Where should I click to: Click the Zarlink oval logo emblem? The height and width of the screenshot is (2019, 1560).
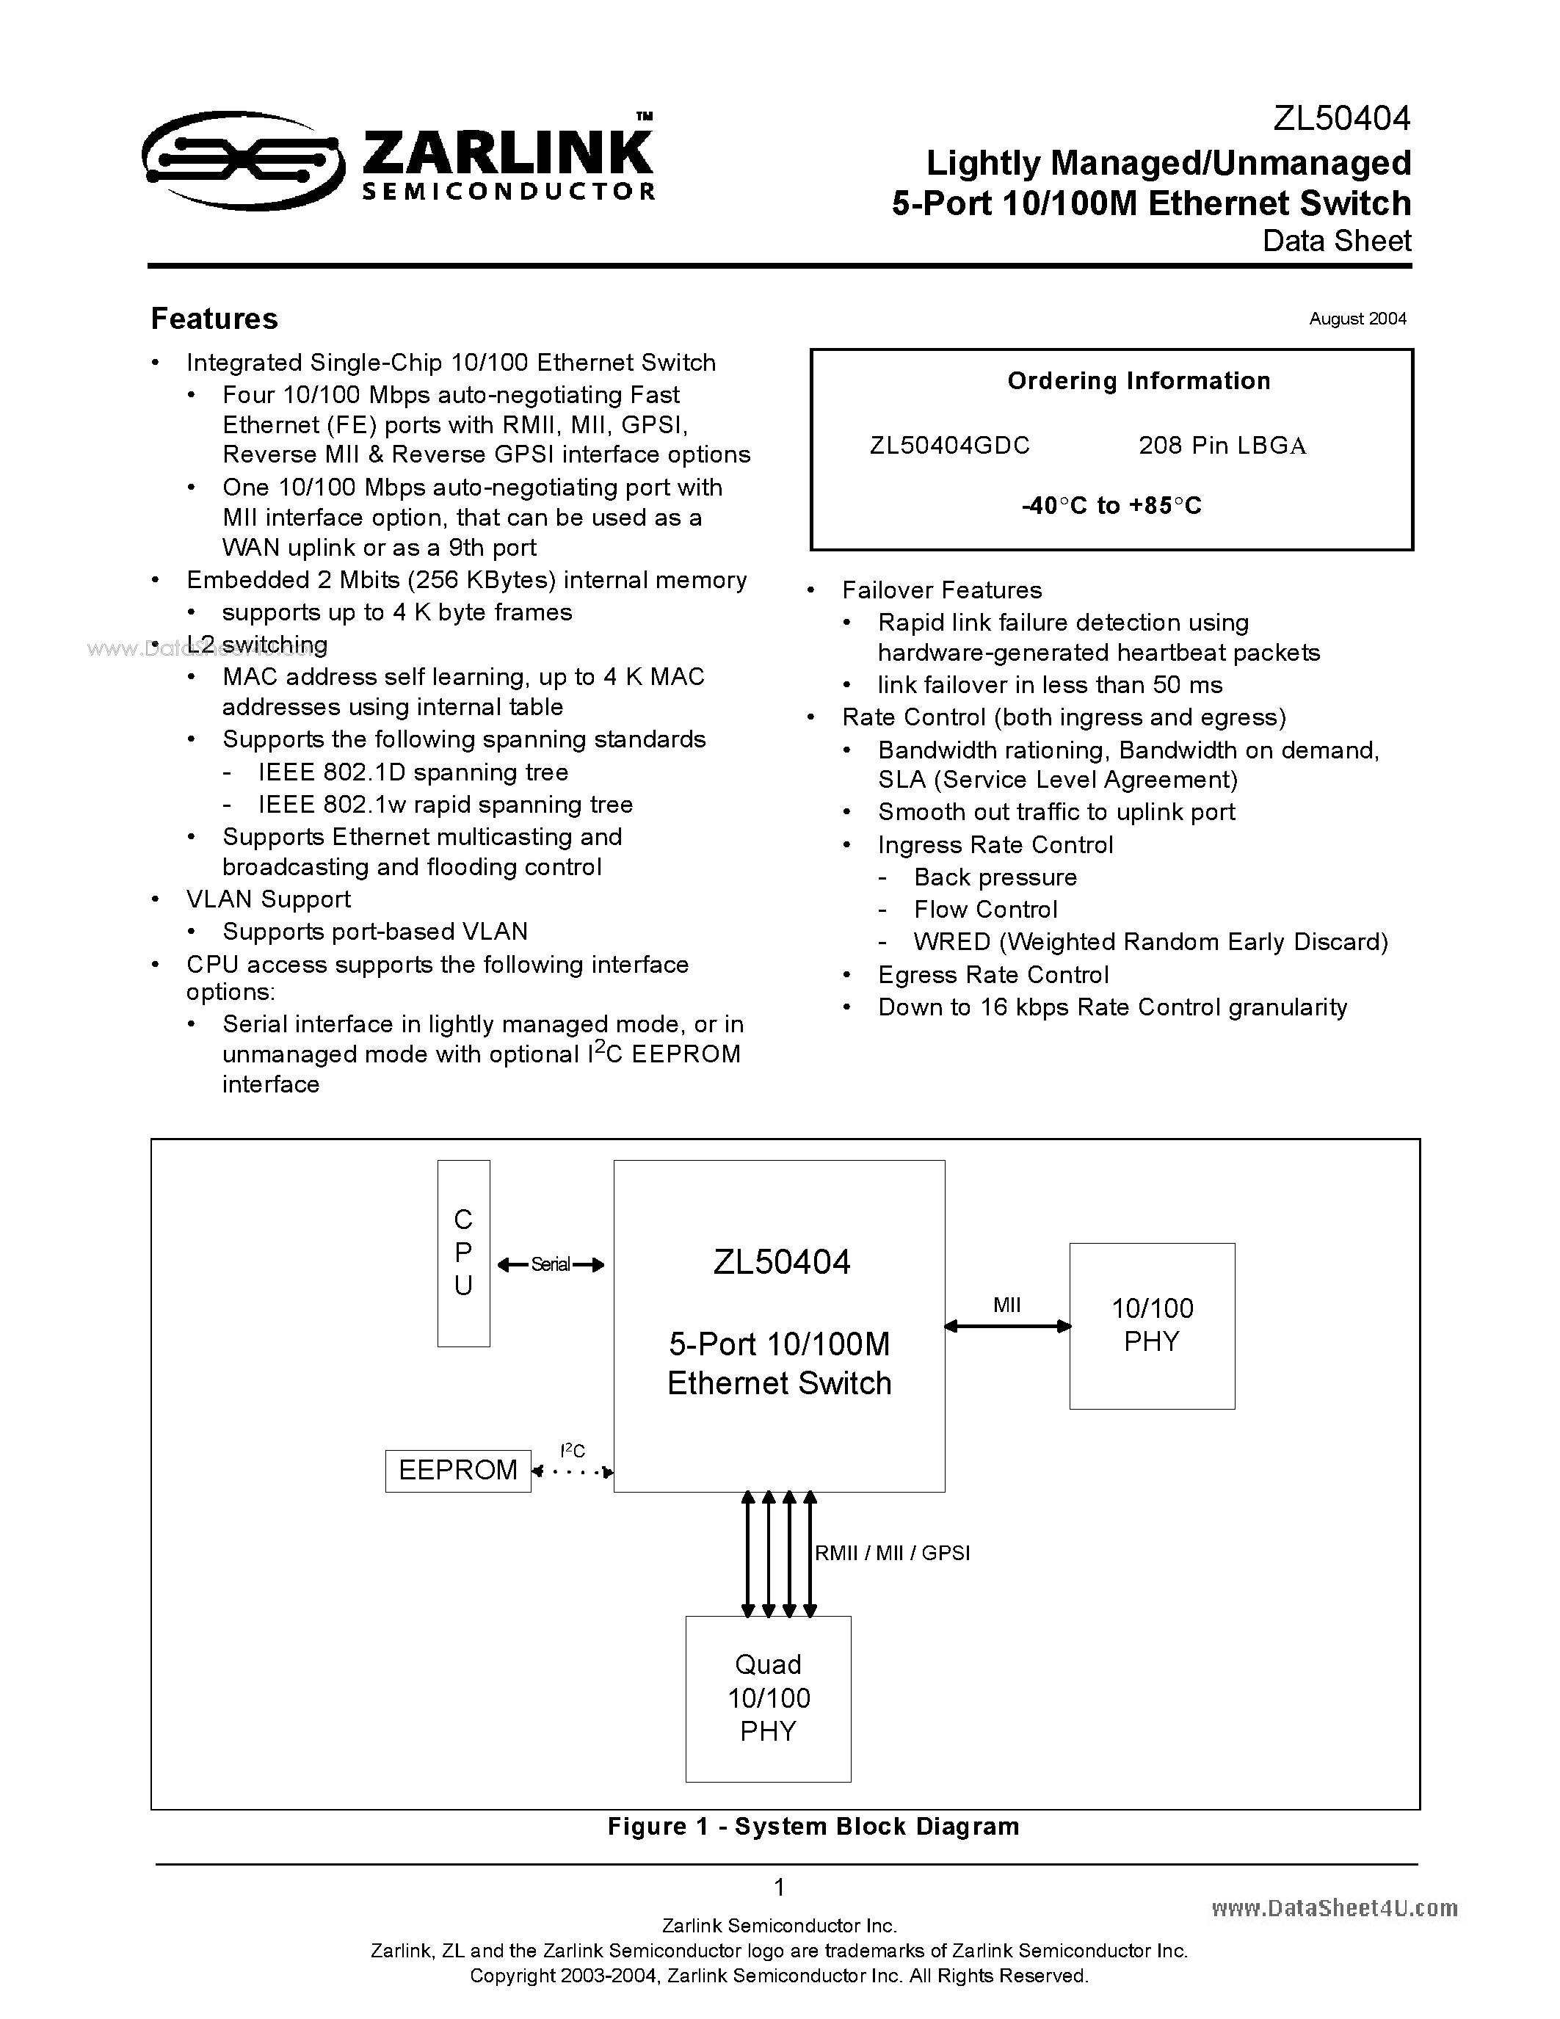pyautogui.click(x=242, y=161)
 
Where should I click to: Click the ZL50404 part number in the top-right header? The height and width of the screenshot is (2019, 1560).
pyautogui.click(x=1341, y=118)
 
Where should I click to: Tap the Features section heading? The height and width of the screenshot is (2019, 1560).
pyautogui.click(x=214, y=319)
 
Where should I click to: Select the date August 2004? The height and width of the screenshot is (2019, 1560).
pyautogui.click(x=1357, y=319)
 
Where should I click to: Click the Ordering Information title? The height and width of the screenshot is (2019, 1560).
pyautogui.click(x=1139, y=381)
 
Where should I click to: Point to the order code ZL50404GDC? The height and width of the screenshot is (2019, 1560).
pyautogui.click(x=949, y=446)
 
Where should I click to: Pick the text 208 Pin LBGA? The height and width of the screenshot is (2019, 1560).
pyautogui.click(x=1222, y=446)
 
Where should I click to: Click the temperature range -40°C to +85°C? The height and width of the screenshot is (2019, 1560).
pyautogui.click(x=1111, y=506)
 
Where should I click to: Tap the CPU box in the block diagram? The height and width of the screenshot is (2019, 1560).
pyautogui.click(x=463, y=1253)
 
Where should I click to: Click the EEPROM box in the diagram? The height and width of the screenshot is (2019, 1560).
pyautogui.click(x=457, y=1470)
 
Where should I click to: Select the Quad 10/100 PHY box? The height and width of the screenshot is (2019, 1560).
pyautogui.click(x=768, y=1698)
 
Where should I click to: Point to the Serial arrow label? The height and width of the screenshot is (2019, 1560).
pyautogui.click(x=551, y=1265)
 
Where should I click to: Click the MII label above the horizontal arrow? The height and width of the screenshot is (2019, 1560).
pyautogui.click(x=1006, y=1305)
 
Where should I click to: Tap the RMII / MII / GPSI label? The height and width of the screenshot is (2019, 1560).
pyautogui.click(x=892, y=1553)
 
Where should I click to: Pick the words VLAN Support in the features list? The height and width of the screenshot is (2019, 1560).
pyautogui.click(x=268, y=899)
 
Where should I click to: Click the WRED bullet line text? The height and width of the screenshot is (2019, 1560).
pyautogui.click(x=1150, y=942)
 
